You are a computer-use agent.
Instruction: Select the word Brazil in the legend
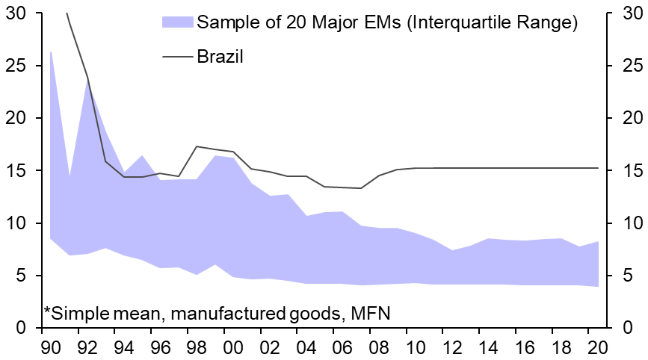click(220, 56)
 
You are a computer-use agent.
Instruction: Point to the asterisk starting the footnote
click(47, 308)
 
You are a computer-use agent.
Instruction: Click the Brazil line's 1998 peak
click(197, 146)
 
